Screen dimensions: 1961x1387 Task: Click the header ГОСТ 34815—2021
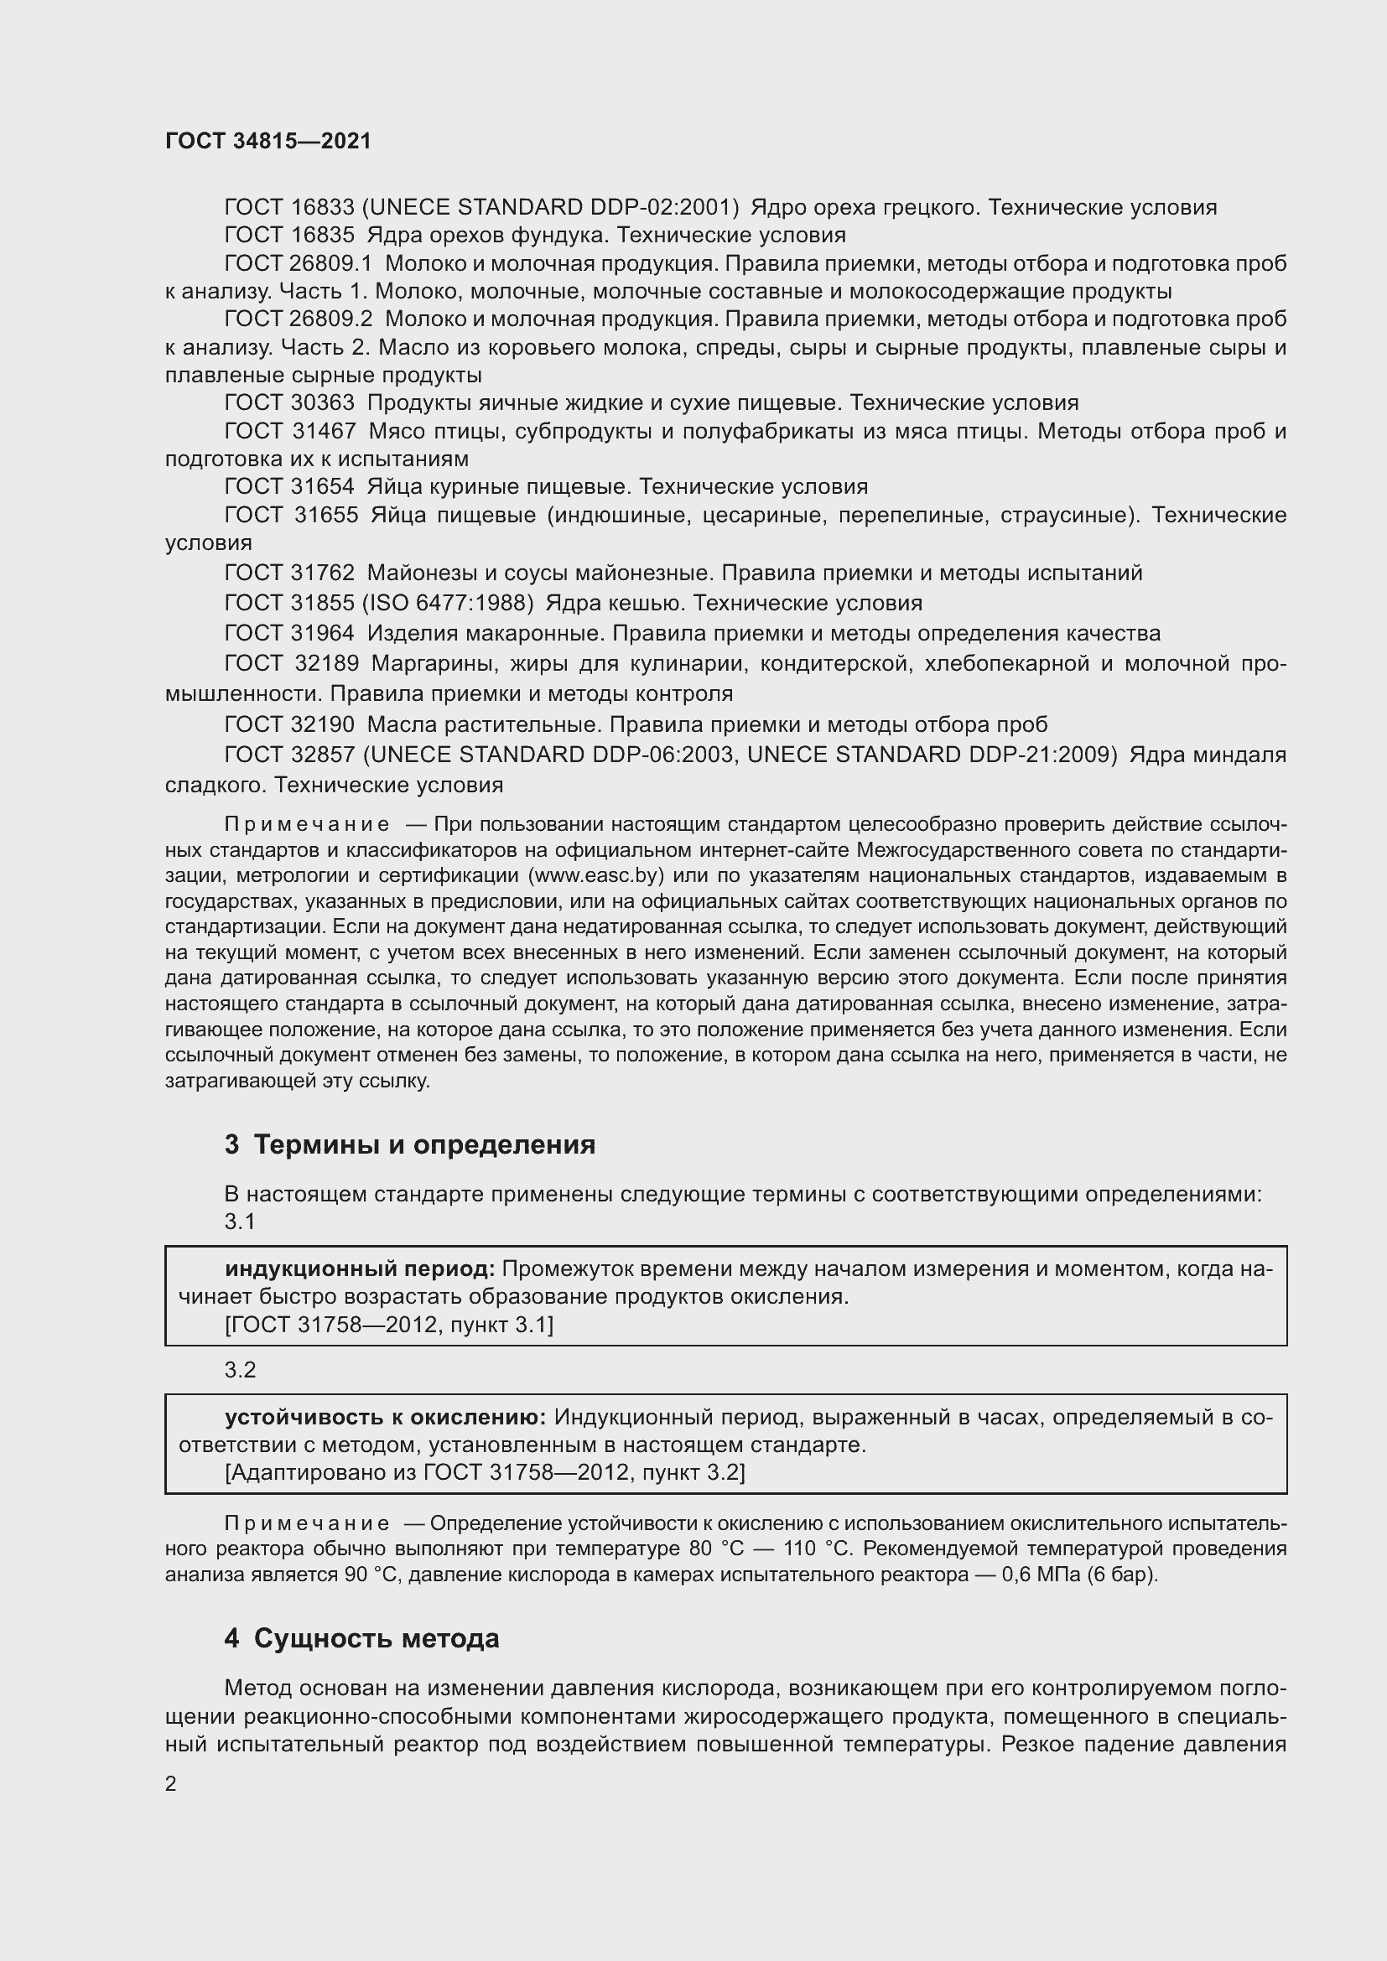[x=268, y=141]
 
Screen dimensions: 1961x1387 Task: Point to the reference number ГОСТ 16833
[x=288, y=208]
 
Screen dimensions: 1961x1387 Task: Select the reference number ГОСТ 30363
[x=288, y=402]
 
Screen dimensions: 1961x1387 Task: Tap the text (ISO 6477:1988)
[x=448, y=603]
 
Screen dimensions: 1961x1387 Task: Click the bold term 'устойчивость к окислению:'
[x=385, y=1417]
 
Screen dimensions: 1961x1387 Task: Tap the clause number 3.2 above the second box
[x=240, y=1370]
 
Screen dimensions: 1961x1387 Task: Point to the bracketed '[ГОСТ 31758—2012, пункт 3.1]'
[x=388, y=1325]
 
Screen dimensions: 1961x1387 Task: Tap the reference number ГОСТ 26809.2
[x=298, y=319]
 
